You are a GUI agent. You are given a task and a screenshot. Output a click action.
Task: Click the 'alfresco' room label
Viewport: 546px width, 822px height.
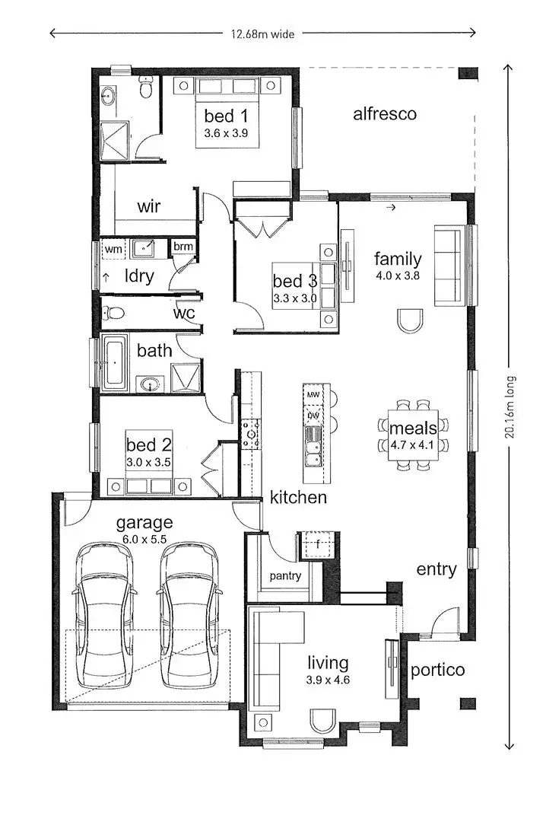tap(385, 114)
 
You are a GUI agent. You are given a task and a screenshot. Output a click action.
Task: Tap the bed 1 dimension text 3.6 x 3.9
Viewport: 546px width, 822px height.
tap(227, 132)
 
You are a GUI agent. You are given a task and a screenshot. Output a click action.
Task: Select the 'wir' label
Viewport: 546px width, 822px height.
tap(149, 206)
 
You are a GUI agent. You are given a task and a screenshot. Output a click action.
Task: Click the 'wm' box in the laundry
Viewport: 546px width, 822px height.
tap(113, 249)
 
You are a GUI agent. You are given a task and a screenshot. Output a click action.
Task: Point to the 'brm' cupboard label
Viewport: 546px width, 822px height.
tap(183, 247)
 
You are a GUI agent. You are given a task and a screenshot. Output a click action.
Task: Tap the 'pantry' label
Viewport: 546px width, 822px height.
tap(284, 576)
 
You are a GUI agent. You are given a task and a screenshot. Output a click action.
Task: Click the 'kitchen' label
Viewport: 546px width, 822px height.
tap(298, 498)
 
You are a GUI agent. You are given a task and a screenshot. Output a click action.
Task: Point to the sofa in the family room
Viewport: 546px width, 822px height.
tap(448, 265)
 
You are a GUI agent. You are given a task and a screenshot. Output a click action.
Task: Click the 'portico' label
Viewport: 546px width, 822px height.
tap(437, 671)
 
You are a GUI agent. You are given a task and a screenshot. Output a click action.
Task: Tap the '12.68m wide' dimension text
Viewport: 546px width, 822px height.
tap(262, 33)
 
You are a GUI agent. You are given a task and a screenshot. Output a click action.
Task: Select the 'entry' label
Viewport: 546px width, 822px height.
tap(436, 569)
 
